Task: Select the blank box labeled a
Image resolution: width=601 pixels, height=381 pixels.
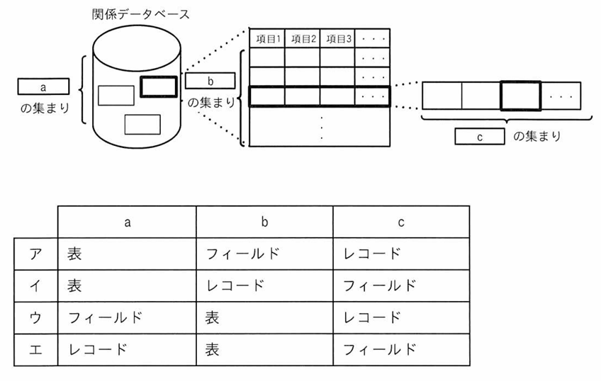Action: pyautogui.click(x=43, y=87)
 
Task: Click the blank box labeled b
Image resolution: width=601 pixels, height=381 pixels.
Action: pyautogui.click(x=210, y=81)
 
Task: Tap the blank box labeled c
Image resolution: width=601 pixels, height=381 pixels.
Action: pyautogui.click(x=480, y=137)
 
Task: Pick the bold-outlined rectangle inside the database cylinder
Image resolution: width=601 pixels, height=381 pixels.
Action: pyautogui.click(x=158, y=86)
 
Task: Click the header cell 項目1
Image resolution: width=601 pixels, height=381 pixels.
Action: pyautogui.click(x=267, y=38)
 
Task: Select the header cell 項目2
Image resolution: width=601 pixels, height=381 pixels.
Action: pyautogui.click(x=302, y=38)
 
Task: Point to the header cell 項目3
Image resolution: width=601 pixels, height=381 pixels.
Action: pyautogui.click(x=337, y=38)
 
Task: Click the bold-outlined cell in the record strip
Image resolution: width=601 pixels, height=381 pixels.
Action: pyautogui.click(x=521, y=96)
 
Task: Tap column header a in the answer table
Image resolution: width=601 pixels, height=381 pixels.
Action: pyautogui.click(x=128, y=222)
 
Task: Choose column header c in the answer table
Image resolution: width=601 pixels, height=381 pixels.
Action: pyautogui.click(x=400, y=222)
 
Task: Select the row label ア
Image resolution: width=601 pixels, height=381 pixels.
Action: pyautogui.click(x=35, y=254)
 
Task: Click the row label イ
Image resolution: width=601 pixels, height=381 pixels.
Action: pyautogui.click(x=35, y=285)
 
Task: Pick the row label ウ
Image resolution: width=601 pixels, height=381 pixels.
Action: pyautogui.click(x=35, y=317)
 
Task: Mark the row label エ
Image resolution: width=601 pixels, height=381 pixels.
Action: pyautogui.click(x=35, y=349)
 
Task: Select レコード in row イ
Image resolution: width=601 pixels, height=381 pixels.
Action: pyautogui.click(x=234, y=285)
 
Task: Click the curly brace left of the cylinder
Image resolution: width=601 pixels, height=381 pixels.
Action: pyautogui.click(x=82, y=91)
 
